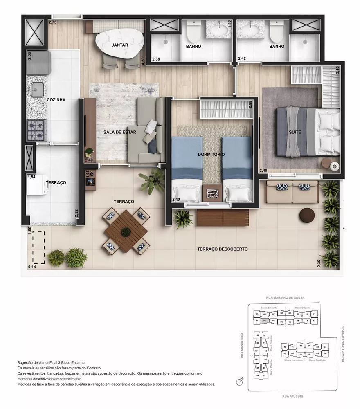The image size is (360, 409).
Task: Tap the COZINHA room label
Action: [x=56, y=99]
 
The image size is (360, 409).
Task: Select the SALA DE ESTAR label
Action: [x=120, y=132]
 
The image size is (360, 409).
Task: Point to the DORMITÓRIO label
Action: [x=211, y=154]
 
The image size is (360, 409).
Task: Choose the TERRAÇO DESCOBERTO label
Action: [x=222, y=249]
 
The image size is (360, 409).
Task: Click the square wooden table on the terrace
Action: [x=126, y=231]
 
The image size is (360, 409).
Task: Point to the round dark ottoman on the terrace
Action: [x=306, y=215]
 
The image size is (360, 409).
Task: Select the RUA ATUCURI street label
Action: [x=291, y=396]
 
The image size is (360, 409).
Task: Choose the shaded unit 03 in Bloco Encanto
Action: [x=265, y=321]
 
